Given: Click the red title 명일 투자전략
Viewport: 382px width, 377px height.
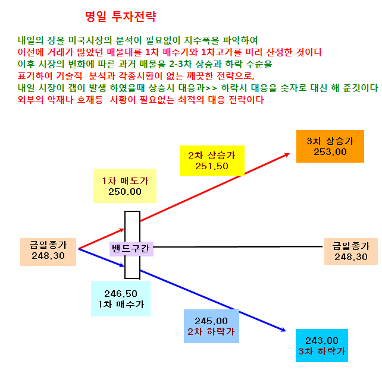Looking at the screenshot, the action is point(120,17).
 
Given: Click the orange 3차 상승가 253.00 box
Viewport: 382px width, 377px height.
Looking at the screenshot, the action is point(330,146).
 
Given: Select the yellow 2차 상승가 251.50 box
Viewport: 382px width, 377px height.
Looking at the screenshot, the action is point(212,160).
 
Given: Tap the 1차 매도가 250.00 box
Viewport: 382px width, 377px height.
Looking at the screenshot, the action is point(125,186).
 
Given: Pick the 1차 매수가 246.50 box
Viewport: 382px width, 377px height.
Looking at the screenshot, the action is point(121,299).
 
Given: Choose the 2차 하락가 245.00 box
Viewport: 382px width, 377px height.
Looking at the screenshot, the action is point(211,326).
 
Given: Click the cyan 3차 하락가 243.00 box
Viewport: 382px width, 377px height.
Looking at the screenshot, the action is point(322,346).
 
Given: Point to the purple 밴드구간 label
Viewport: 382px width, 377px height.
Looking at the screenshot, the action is point(131,249).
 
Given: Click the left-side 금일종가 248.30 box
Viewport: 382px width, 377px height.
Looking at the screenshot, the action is point(48,252).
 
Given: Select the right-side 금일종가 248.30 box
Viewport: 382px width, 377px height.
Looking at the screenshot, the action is point(351,251).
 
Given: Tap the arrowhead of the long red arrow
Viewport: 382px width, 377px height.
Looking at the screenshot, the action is point(288,154).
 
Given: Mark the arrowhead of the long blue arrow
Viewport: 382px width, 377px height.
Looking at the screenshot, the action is point(284,330).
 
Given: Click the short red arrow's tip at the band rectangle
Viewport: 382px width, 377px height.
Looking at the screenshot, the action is point(124,229).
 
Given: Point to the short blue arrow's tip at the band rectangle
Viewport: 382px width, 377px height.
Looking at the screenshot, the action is point(124,266).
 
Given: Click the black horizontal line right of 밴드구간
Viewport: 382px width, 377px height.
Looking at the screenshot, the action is point(238,246).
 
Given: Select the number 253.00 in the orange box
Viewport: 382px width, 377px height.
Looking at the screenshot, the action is point(330,152).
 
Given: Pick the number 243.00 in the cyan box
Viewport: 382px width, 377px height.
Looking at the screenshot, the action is point(322,341).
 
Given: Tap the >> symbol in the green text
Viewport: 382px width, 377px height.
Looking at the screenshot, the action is point(211,88).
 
